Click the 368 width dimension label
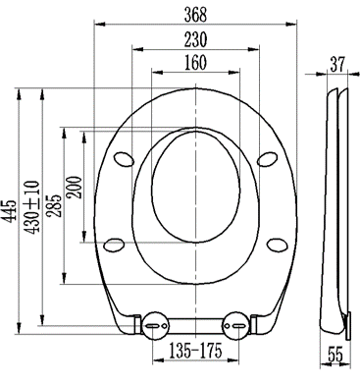click(195, 15)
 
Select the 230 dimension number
click(195, 39)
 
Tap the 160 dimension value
click(195, 63)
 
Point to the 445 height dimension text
click(11, 211)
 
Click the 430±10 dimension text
click(32, 207)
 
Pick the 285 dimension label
click(54, 205)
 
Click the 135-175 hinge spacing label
click(195, 351)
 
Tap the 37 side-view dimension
click(337, 64)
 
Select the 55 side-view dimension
click(335, 355)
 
